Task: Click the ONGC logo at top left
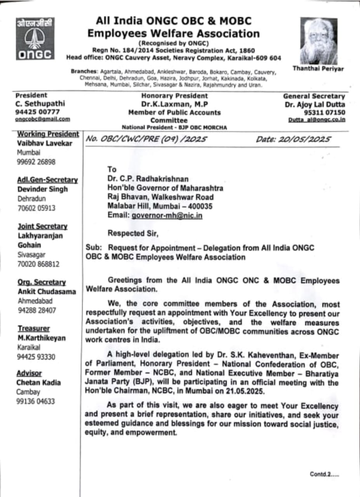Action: tap(35, 39)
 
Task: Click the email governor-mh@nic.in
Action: tap(167, 215)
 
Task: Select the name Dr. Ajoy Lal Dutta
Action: tap(315, 104)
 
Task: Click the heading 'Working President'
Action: tap(48, 134)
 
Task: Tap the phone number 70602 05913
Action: tap(37, 208)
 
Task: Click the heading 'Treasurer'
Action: tap(34, 328)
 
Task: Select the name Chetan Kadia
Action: tap(38, 382)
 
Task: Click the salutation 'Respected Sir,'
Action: tap(133, 233)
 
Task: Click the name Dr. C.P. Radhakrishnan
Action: tap(148, 179)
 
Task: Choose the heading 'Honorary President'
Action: tap(174, 96)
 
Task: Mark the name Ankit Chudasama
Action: tap(47, 292)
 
